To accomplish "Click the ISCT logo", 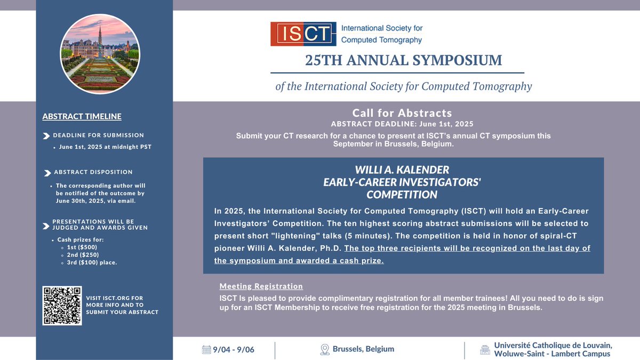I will point(303,34).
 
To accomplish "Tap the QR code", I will point(62,306).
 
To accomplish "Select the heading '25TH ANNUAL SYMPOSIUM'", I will point(404,60).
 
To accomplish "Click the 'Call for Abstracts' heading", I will point(402,113).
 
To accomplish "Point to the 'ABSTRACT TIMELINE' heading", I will point(82,116).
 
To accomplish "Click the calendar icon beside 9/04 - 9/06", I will point(206,350).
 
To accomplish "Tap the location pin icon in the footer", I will point(324,349).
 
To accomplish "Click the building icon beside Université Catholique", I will point(484,350).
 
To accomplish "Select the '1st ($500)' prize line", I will point(82,247).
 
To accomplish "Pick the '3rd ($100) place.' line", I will point(92,262).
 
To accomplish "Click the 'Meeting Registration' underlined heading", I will point(261,286).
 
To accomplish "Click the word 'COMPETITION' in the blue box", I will point(402,194).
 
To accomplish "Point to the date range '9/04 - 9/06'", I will point(234,350).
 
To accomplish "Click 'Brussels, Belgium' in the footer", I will point(363,349).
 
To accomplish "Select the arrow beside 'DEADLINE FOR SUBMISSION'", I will point(46,135).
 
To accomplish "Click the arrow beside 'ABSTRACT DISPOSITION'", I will point(47,172).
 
